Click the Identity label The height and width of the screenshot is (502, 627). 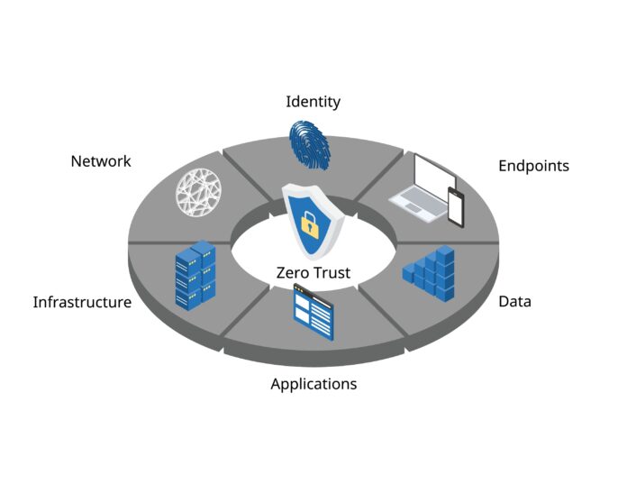point(313,102)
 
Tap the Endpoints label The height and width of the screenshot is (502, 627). point(533,166)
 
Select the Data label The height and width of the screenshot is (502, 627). point(514,301)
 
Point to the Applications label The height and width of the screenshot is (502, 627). point(313,384)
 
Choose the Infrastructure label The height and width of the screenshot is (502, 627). point(82,302)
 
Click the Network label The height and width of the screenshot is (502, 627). point(101,161)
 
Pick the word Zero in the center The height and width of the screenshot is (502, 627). point(292,273)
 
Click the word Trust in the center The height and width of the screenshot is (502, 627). point(331,273)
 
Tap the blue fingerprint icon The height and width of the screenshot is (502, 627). point(310,145)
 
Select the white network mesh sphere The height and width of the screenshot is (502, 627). point(199,192)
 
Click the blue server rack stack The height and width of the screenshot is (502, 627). point(195,275)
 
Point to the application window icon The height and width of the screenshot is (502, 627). point(313,312)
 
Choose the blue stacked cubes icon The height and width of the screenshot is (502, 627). point(429,273)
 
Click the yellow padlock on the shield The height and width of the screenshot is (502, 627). point(310,225)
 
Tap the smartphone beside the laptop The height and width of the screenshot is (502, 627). point(456,207)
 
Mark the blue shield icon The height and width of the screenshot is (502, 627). point(313,221)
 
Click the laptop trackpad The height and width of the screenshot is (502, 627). point(413,208)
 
